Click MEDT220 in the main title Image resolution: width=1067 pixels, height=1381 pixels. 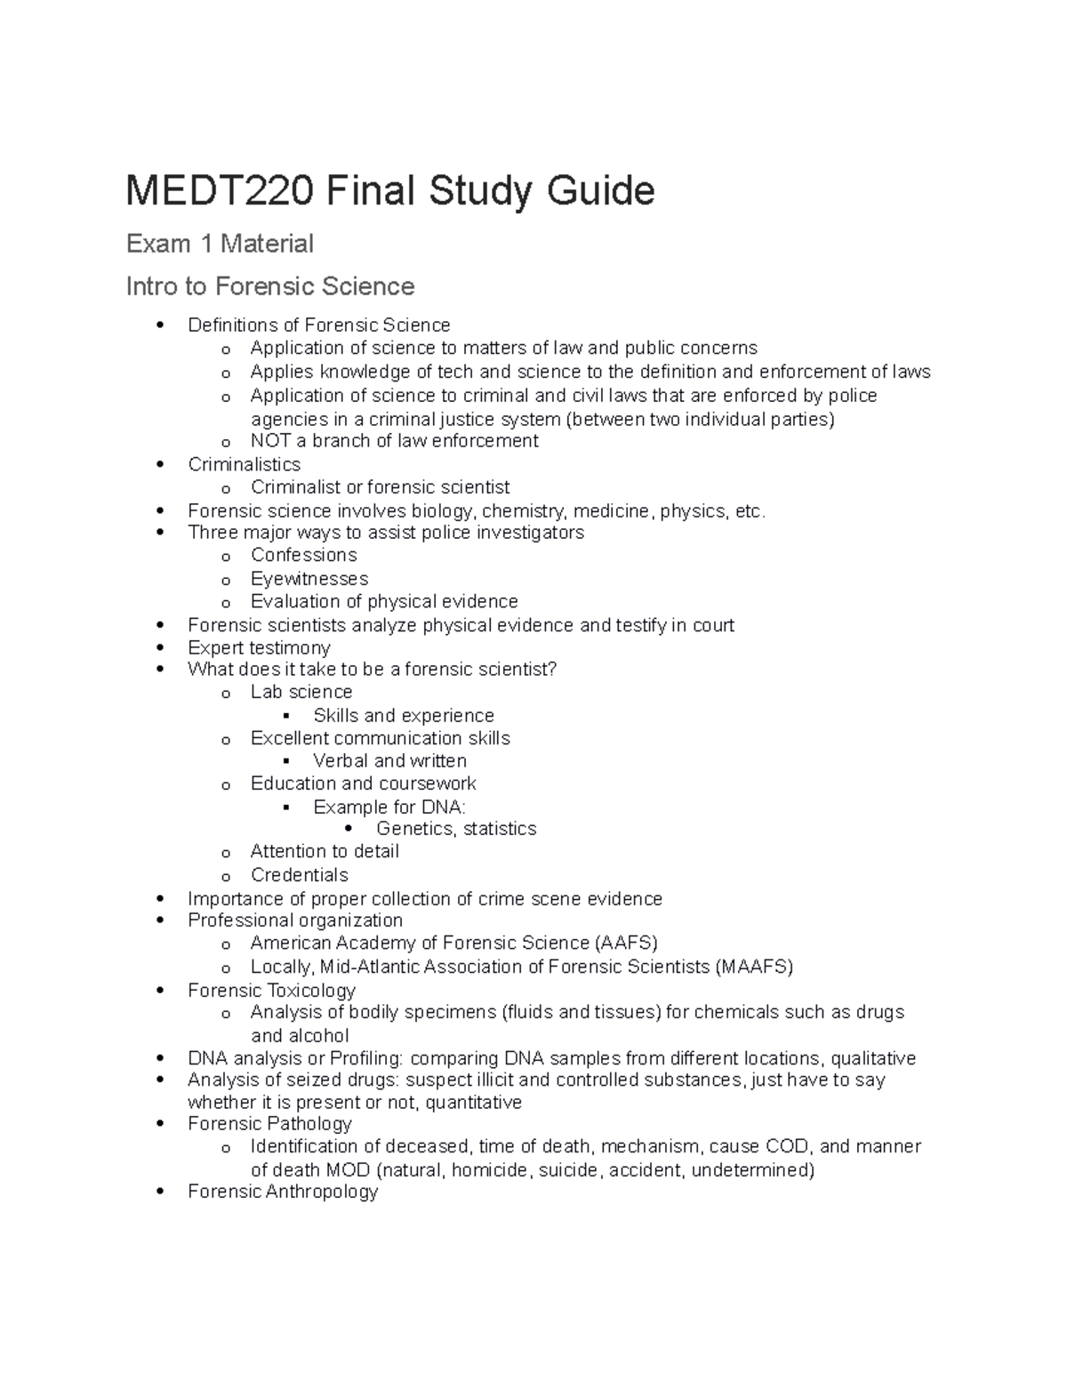[219, 191]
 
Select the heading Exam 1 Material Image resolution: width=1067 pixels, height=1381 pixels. [220, 244]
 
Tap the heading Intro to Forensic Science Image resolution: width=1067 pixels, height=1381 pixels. [270, 286]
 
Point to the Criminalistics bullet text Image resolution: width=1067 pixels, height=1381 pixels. [245, 464]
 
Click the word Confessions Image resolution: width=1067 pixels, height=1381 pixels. [303, 555]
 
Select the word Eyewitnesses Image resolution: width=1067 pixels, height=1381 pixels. [309, 579]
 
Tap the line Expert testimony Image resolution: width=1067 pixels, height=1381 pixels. [259, 647]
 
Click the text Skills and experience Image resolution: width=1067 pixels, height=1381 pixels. [403, 716]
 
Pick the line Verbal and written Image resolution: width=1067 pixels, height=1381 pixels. [389, 761]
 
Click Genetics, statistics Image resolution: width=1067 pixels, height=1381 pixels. [456, 829]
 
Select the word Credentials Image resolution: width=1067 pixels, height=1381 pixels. [300, 875]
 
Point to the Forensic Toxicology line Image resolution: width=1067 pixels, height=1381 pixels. [271, 991]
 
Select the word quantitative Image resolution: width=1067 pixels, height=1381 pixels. [473, 1103]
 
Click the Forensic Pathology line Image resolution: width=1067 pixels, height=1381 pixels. [269, 1124]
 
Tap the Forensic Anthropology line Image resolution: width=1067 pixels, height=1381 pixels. [283, 1192]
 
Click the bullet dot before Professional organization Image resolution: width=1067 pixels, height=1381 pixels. [160, 920]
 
